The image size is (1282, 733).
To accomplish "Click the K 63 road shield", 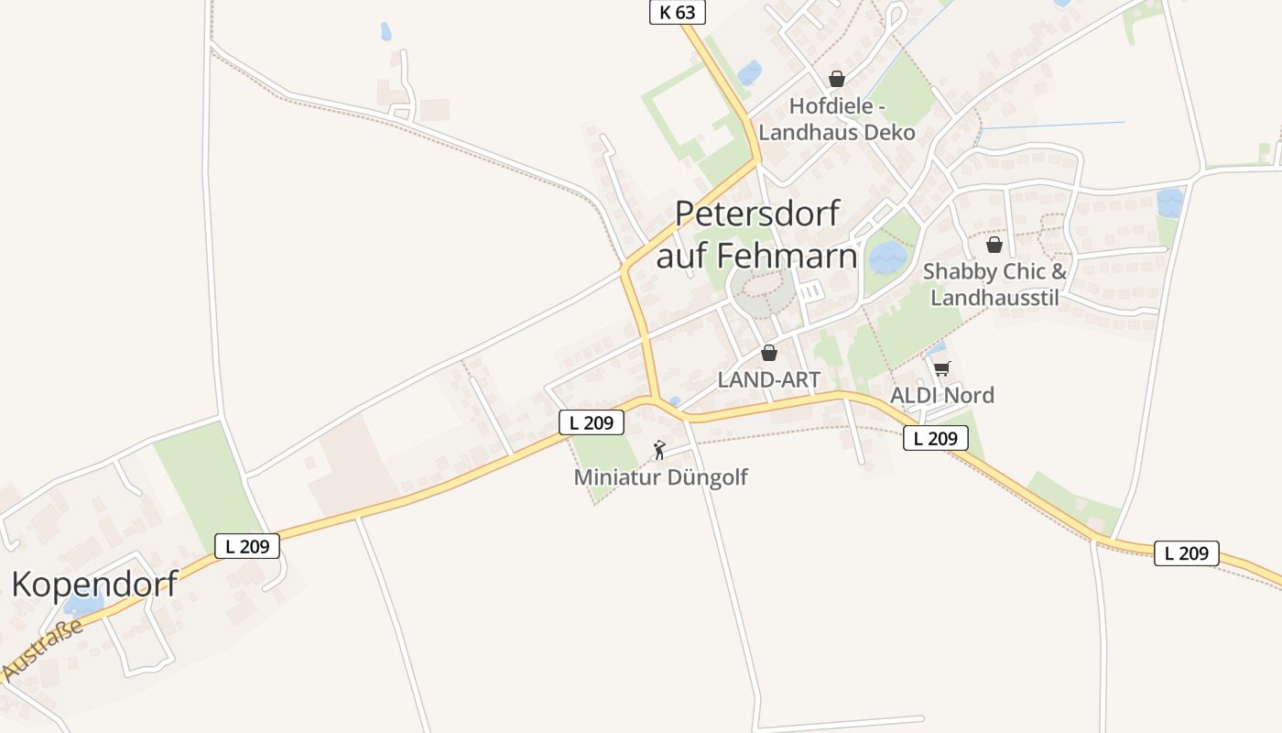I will [678, 12].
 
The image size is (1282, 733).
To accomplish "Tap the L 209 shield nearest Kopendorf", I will [247, 546].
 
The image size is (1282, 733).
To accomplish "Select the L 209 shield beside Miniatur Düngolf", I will [592, 422].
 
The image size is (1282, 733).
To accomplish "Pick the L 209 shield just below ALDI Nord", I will [935, 438].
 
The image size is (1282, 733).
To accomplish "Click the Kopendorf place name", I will [94, 584].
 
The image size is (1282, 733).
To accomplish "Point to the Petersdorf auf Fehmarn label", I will [757, 235].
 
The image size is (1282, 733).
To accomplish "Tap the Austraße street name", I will [42, 650].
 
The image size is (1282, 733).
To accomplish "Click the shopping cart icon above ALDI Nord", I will [941, 368].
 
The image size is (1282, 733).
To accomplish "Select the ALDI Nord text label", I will [942, 395].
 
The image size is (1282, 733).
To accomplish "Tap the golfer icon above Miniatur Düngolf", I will [659, 450].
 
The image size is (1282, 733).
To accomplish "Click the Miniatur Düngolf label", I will [660, 477].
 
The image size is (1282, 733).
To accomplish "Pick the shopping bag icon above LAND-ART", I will [769, 353].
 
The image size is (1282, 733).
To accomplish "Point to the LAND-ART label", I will [769, 379].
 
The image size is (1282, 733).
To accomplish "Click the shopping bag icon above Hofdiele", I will [836, 79].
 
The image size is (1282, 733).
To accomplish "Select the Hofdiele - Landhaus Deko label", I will [837, 119].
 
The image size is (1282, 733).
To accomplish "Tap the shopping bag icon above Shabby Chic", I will [994, 245].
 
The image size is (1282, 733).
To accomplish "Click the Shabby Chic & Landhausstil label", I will [994, 284].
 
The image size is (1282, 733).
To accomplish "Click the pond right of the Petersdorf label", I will [886, 258].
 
